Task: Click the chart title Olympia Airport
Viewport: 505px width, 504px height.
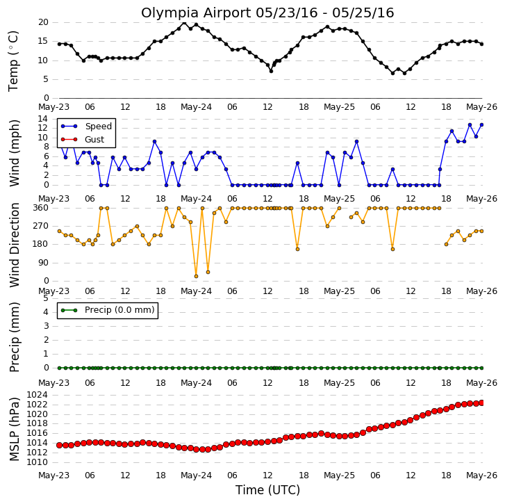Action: tap(197, 13)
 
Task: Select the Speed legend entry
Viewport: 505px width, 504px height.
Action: tap(86, 127)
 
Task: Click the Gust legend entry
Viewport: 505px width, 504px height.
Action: tap(83, 140)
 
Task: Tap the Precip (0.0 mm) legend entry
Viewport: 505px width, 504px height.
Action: tap(108, 310)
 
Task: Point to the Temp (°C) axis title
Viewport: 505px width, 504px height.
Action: tap(13, 61)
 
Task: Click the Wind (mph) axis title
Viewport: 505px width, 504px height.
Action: tap(14, 153)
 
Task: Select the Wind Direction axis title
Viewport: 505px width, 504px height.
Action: tap(14, 245)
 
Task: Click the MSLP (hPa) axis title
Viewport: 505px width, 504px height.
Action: tap(14, 429)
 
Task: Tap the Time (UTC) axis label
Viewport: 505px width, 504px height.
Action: tap(267, 490)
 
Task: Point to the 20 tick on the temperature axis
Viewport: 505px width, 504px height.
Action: tap(43, 22)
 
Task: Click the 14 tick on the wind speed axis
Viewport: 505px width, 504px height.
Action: tap(42, 119)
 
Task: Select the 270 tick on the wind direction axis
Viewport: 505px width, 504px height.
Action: tap(40, 226)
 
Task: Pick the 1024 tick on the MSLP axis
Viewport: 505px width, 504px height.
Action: tap(37, 395)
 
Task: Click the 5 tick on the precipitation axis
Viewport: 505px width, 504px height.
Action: tap(45, 298)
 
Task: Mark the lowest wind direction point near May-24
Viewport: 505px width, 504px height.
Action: tap(196, 276)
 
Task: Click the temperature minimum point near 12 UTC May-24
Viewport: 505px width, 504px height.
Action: tap(271, 71)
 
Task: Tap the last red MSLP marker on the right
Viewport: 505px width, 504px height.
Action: tap(482, 403)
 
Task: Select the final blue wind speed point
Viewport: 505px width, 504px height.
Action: tap(482, 124)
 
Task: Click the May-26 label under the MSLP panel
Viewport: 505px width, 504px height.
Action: tap(482, 475)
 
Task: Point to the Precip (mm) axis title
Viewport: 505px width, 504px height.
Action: tap(14, 337)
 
